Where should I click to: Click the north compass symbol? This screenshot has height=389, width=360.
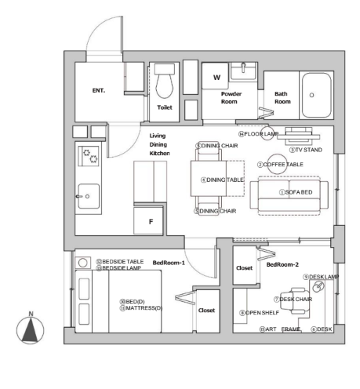tap(30, 329)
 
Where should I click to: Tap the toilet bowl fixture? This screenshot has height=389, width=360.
tap(165, 82)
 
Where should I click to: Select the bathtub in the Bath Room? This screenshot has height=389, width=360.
tap(317, 95)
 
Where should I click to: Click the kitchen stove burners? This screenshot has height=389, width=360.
tap(89, 156)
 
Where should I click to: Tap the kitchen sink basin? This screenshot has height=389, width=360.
tap(89, 196)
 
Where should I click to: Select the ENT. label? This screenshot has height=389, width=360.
tap(99, 90)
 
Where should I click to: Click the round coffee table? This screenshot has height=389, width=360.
tap(277, 164)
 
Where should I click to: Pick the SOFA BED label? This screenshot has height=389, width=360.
tap(299, 192)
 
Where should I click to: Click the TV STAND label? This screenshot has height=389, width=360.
tap(308, 150)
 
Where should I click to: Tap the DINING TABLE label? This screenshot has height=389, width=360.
tap(225, 180)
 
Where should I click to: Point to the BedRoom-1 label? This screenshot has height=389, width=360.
tap(169, 263)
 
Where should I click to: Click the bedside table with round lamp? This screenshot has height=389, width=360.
tap(83, 263)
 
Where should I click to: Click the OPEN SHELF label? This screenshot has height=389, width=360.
tap(262, 313)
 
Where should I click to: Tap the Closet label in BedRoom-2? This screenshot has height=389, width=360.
tap(244, 268)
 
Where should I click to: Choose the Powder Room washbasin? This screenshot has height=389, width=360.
tap(243, 71)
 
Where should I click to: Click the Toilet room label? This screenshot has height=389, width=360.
tap(165, 107)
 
